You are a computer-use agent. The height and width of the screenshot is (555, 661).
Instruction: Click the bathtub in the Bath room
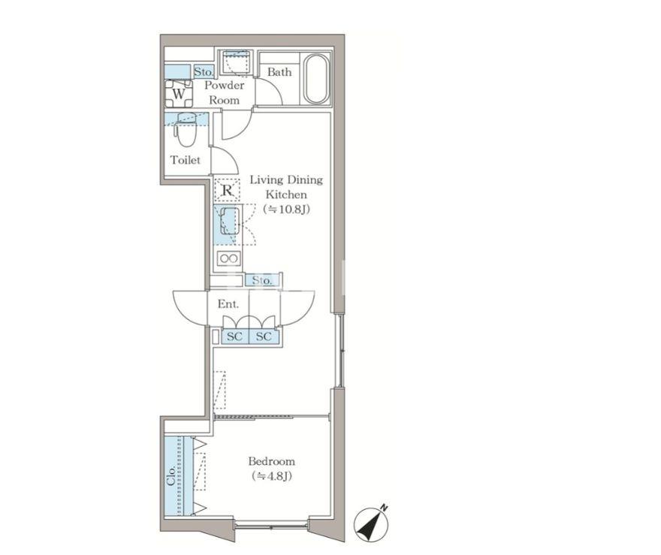pos(316,79)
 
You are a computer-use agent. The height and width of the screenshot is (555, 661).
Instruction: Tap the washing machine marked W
pos(178,94)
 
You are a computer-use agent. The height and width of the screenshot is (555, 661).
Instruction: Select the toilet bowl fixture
pos(183,129)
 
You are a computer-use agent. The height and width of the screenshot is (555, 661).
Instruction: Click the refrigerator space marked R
pos(227,190)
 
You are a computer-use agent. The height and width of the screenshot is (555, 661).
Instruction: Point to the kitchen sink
pos(229,220)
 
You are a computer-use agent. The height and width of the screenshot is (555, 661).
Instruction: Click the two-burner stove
pos(229,258)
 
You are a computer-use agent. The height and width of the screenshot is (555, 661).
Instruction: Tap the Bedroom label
pos(271,461)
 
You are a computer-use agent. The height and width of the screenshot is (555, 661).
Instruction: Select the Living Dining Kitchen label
pos(286,187)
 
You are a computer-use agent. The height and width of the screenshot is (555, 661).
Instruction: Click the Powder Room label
pos(225,92)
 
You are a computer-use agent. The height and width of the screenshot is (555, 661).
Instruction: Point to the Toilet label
pos(185,160)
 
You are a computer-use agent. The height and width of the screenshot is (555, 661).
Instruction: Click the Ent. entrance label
pos(228,304)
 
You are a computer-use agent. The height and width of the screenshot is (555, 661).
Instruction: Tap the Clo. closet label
pos(171,476)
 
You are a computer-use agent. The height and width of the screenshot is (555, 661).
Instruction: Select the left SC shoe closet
pos(235,336)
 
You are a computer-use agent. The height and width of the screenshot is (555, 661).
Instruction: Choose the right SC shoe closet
pos(264,336)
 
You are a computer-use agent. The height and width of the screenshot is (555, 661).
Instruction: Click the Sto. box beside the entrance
pos(262,280)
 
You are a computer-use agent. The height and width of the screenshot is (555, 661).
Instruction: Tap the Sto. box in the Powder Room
pos(204,72)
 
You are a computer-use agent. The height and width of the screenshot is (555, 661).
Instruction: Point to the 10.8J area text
pos(287,210)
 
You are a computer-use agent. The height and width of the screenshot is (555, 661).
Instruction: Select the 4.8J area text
pos(272,476)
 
